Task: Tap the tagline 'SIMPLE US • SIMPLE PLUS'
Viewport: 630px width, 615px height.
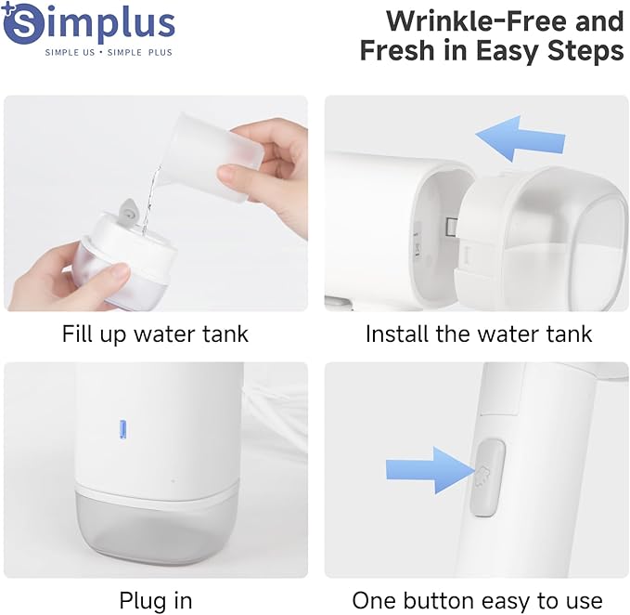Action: tap(109, 52)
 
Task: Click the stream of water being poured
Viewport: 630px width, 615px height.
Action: tap(154, 186)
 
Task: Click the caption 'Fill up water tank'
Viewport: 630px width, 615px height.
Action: tap(155, 334)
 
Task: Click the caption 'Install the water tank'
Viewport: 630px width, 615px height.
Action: tap(478, 334)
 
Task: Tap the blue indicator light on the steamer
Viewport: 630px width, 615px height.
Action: tap(122, 428)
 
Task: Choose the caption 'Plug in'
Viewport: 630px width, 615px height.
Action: tap(155, 600)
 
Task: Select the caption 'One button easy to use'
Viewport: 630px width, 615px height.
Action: tap(477, 600)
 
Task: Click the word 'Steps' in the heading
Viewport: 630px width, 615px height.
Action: tap(584, 50)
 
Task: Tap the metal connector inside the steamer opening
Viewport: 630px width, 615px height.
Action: tap(449, 226)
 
